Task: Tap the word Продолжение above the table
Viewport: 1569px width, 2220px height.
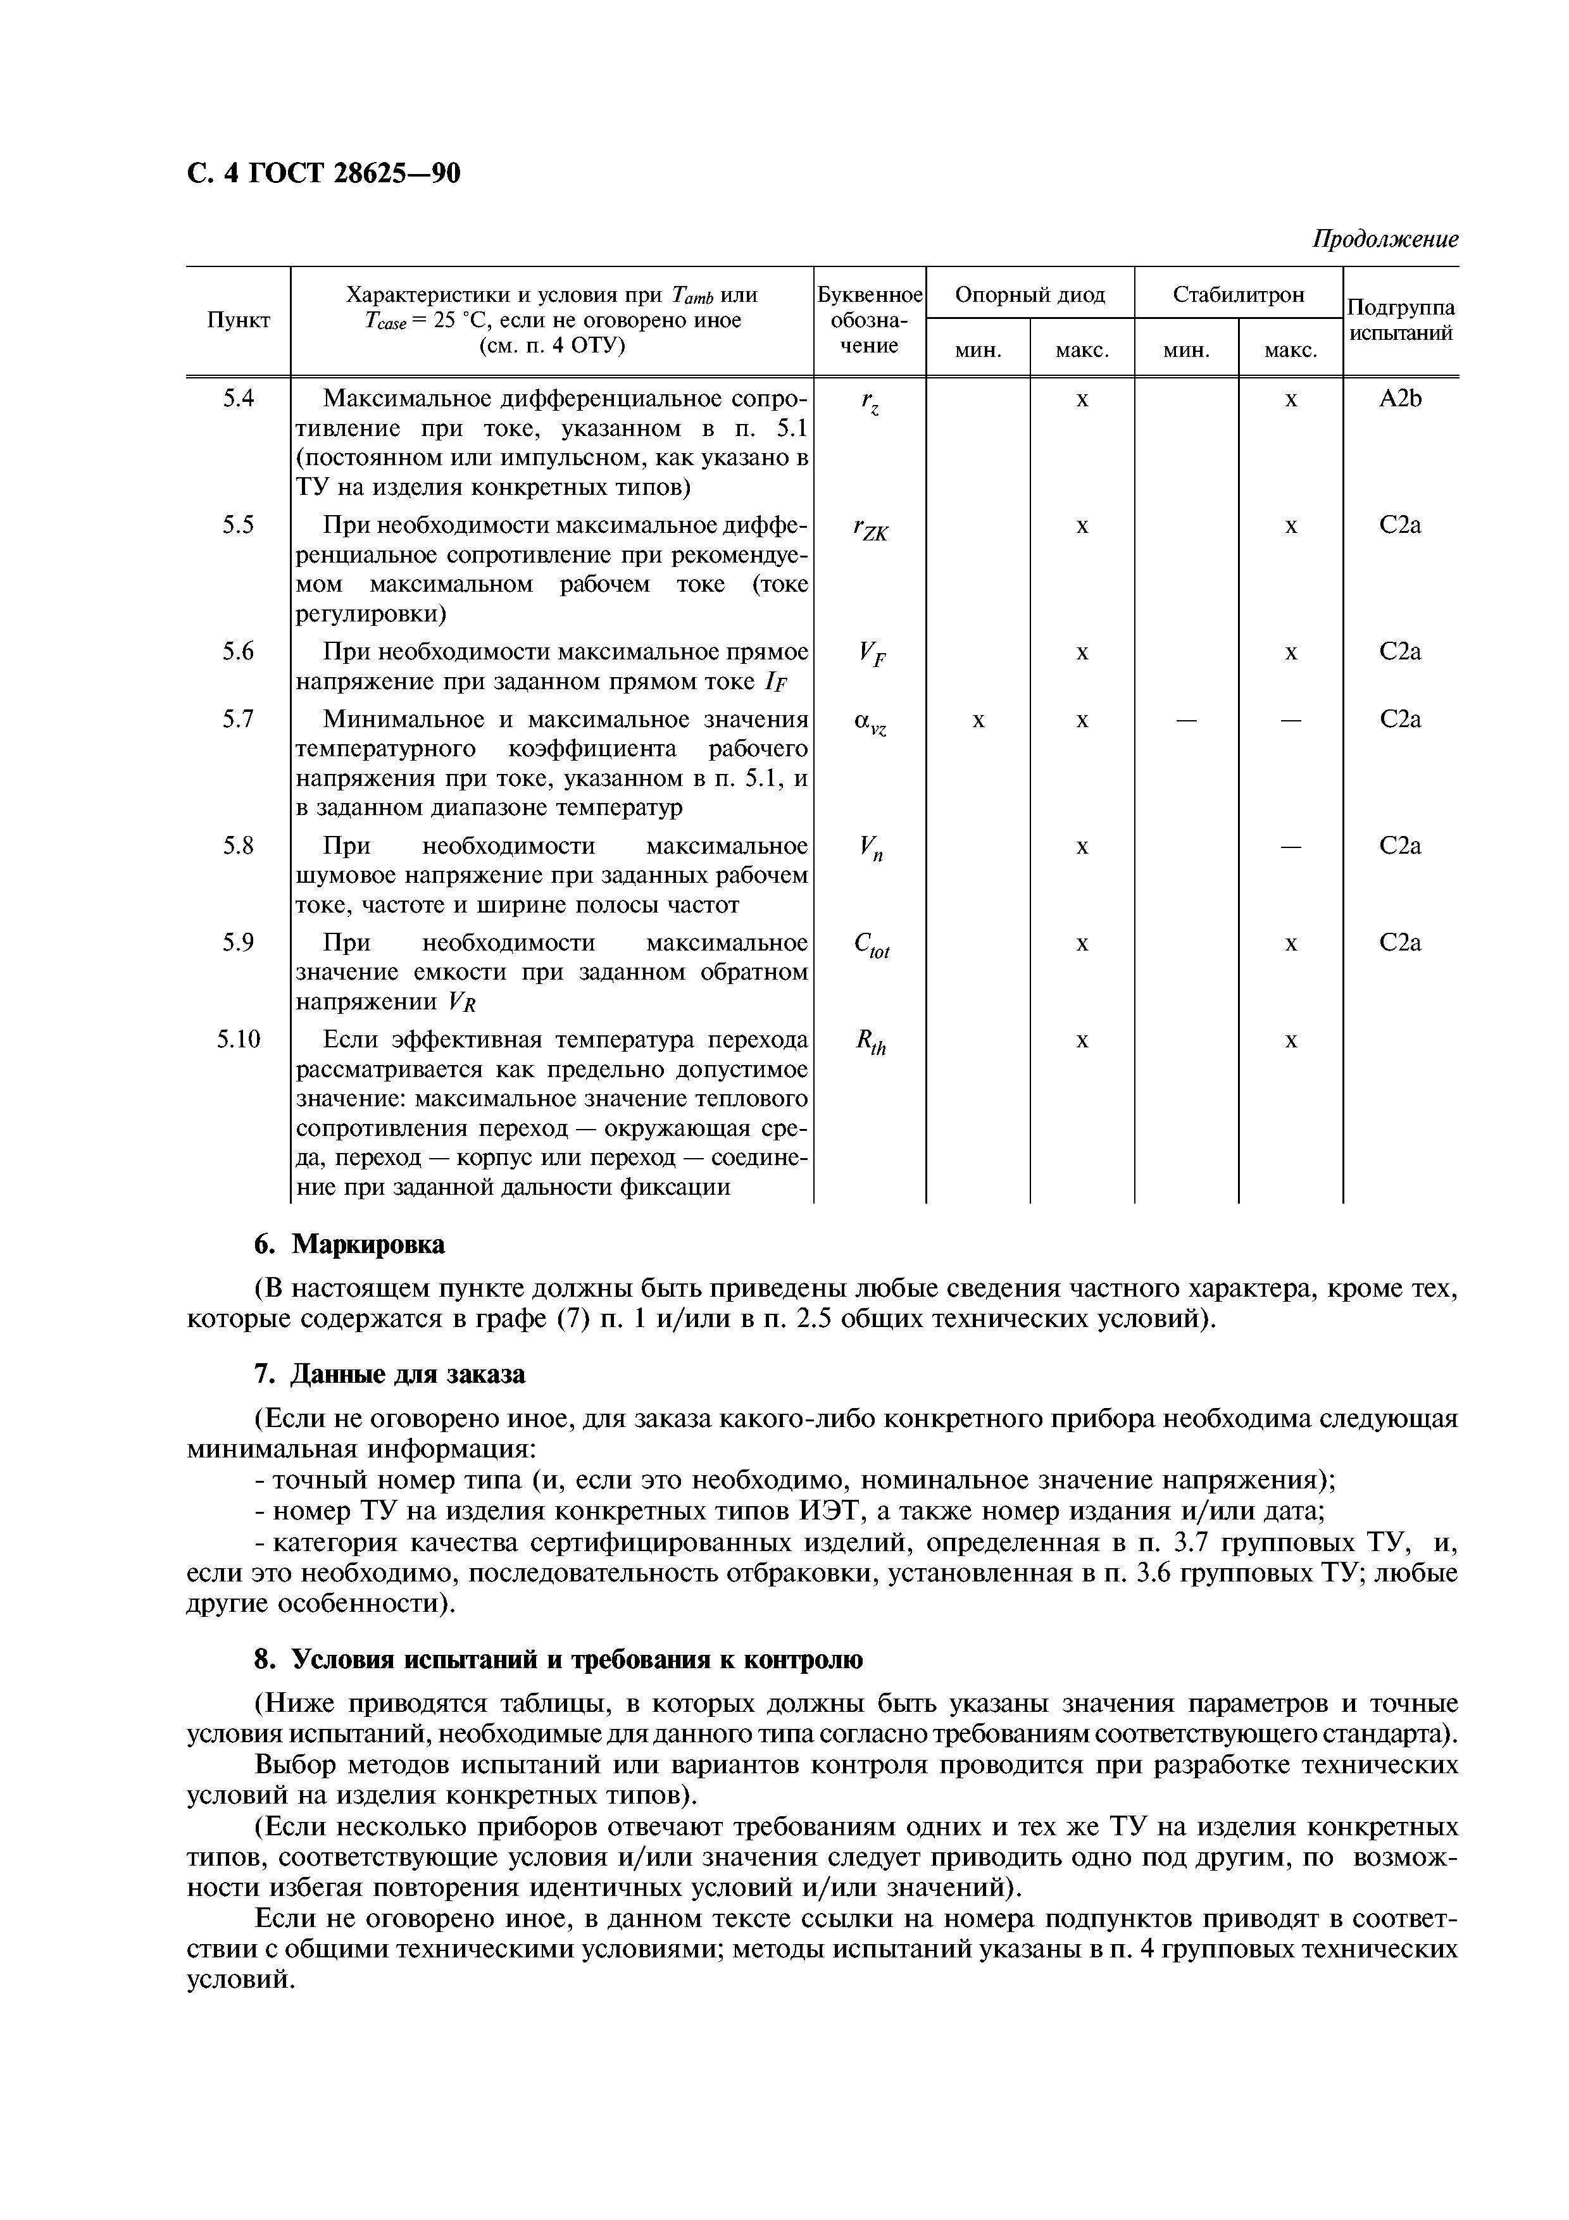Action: click(1384, 239)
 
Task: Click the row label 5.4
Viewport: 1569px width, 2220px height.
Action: click(238, 398)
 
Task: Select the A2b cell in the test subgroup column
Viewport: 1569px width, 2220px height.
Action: click(1400, 398)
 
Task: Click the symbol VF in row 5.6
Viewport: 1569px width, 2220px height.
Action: click(870, 656)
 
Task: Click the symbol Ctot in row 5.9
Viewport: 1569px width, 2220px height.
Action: click(870, 947)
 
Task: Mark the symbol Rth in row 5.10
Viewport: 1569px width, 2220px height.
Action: click(870, 1044)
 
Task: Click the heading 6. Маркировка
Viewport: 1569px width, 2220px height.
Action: click(349, 1244)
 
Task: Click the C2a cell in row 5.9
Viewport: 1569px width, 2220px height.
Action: click(1400, 943)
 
